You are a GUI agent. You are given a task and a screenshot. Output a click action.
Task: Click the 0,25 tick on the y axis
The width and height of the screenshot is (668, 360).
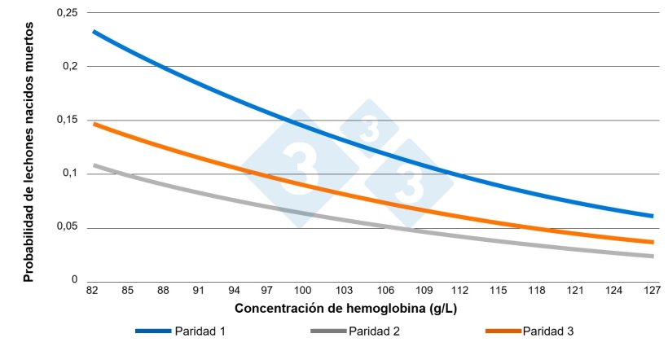tap(66, 13)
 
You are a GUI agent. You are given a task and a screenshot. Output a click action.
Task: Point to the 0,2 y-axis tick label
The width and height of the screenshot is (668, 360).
tap(70, 66)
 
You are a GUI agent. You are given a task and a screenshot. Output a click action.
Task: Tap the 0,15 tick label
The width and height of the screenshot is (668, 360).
tap(66, 120)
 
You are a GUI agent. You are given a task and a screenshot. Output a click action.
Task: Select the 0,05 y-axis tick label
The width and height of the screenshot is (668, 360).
tap(66, 226)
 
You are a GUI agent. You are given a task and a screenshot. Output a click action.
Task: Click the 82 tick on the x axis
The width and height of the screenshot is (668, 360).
tap(94, 290)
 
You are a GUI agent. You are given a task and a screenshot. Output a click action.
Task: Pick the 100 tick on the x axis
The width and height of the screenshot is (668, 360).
tap(302, 290)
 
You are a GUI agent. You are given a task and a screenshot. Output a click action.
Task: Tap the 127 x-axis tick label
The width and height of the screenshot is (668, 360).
tap(653, 290)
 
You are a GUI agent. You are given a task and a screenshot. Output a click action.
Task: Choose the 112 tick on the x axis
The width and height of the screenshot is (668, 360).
tap(459, 290)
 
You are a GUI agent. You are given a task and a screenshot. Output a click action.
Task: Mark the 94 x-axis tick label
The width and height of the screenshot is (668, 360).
tap(232, 290)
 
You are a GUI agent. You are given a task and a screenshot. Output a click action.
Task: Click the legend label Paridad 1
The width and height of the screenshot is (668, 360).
tap(200, 331)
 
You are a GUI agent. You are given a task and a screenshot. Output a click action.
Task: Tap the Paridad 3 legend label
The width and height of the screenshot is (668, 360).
tap(548, 331)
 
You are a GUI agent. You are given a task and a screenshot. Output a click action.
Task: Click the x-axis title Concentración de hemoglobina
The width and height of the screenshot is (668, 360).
tap(338, 310)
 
